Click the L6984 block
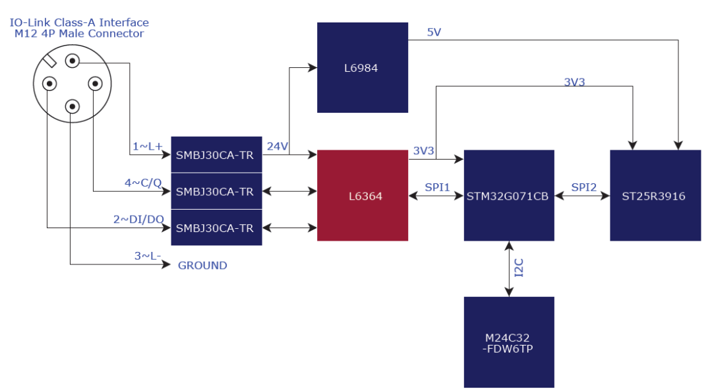click(x=362, y=67)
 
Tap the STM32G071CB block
click(x=508, y=195)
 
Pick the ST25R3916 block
click(x=655, y=195)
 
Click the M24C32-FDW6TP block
click(x=508, y=342)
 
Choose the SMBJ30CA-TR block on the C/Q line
click(x=216, y=192)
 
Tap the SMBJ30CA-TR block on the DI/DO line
click(x=216, y=228)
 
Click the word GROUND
click(x=202, y=266)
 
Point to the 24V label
click(x=278, y=146)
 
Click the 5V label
click(x=434, y=32)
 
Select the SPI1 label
click(x=436, y=187)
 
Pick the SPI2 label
click(x=583, y=187)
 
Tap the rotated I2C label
click(x=519, y=268)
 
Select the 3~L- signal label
click(x=148, y=256)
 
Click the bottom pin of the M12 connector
click(x=73, y=105)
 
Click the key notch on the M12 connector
click(x=50, y=61)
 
